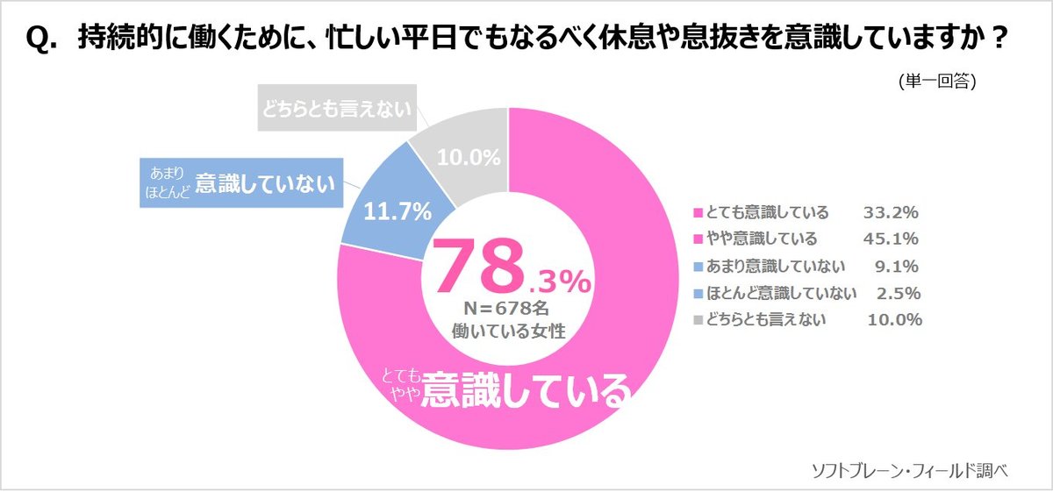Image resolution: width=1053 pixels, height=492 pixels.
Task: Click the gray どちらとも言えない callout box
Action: [x=336, y=108]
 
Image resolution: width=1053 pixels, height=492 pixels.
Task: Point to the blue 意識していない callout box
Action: [x=239, y=182]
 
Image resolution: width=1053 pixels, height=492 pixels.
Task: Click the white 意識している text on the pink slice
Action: [x=525, y=389]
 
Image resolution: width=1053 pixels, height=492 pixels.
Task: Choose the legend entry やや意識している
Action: [x=755, y=239]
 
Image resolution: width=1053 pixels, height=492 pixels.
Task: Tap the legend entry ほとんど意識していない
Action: [x=772, y=292]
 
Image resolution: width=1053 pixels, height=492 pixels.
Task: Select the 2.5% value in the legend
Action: [x=896, y=292]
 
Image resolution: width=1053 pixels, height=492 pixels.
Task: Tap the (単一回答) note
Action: [x=937, y=81]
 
